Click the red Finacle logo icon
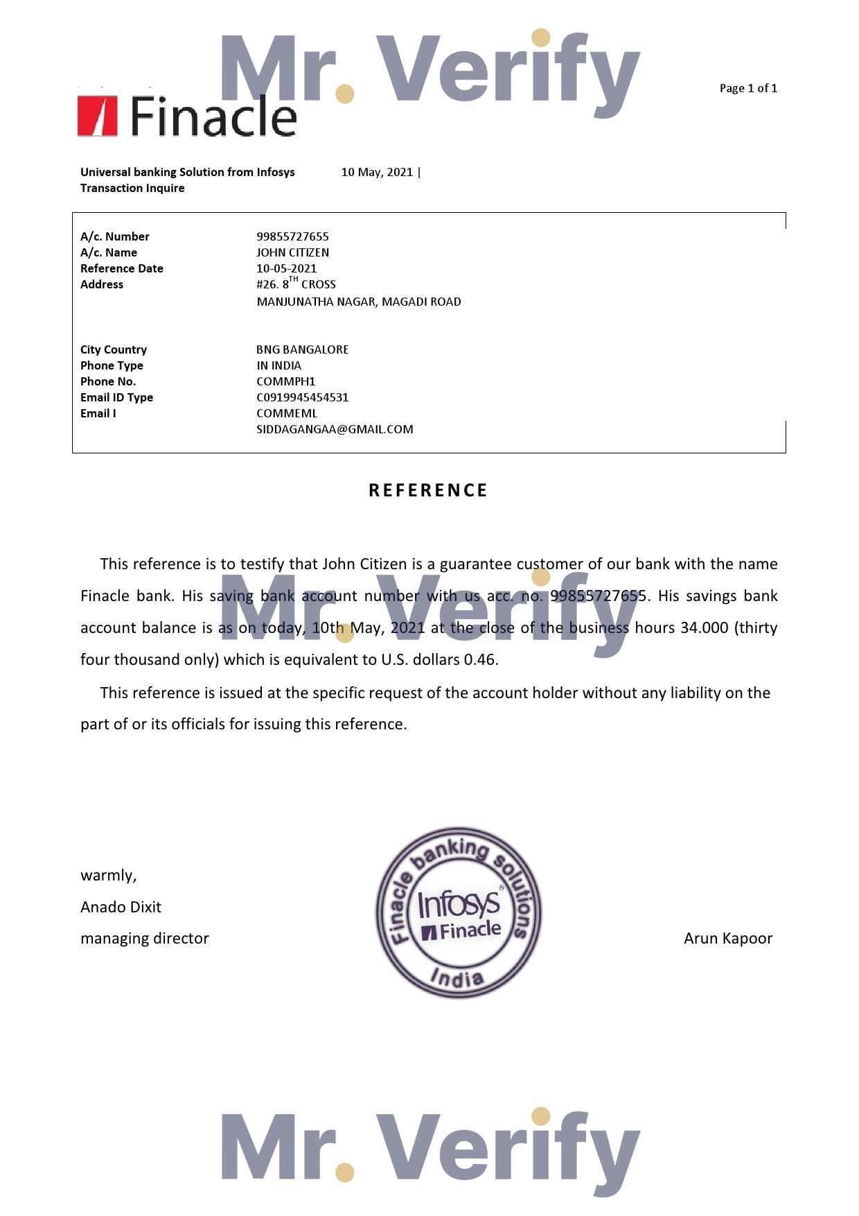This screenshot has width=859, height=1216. (x=97, y=116)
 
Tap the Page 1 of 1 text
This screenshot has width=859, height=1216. (x=748, y=88)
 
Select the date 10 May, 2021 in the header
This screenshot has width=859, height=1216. (x=377, y=172)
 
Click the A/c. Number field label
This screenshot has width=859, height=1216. (x=115, y=236)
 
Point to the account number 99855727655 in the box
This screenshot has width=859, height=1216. (x=292, y=236)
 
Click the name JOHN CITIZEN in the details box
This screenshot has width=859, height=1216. (x=292, y=252)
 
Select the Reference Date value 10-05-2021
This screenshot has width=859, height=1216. (x=286, y=268)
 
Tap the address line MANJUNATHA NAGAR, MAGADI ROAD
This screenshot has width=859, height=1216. (x=359, y=302)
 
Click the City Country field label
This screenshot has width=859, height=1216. (x=114, y=349)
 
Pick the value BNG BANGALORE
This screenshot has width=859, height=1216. (x=302, y=349)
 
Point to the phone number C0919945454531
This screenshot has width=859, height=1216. (x=302, y=397)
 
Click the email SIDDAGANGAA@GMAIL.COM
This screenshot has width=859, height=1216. (x=335, y=429)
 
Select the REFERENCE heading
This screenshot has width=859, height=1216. (x=428, y=490)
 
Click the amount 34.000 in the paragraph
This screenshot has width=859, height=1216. (x=705, y=627)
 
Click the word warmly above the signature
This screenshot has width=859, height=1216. (x=108, y=876)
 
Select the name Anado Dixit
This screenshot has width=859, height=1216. (x=121, y=907)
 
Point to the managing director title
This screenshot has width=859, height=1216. (x=144, y=938)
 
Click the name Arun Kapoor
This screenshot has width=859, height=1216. (x=727, y=938)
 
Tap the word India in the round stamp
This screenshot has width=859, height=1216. (x=457, y=978)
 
